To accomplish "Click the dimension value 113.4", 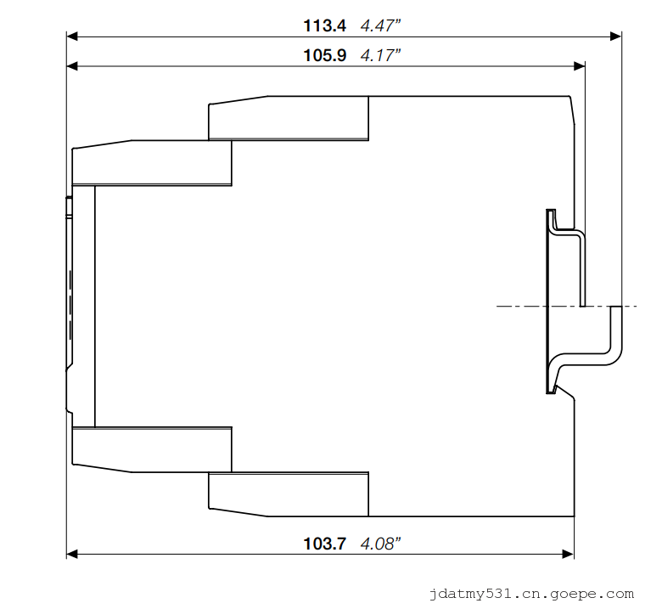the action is click(325, 25).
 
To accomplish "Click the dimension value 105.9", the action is click(325, 55).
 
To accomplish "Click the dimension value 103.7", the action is click(325, 544).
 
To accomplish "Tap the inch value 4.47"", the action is click(380, 25).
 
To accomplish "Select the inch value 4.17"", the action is click(380, 55).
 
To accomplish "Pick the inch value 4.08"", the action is click(380, 544).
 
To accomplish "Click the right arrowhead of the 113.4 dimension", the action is click(615, 37).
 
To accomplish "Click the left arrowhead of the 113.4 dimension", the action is click(72, 37).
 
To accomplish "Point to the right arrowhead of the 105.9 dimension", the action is click(579, 66).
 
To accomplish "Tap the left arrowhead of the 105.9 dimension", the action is click(72, 66).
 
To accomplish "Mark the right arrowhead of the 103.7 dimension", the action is click(569, 554).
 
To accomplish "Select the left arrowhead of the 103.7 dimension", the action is click(72, 554).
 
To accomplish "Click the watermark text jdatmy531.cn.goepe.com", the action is click(531, 595).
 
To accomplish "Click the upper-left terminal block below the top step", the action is click(152, 163).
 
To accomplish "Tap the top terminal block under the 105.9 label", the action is click(289, 118).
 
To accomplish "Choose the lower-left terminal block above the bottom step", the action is click(152, 449).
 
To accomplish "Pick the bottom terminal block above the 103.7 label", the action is click(289, 494).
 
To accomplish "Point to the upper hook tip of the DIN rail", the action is click(551, 211).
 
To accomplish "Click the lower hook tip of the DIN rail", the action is click(551, 392).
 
